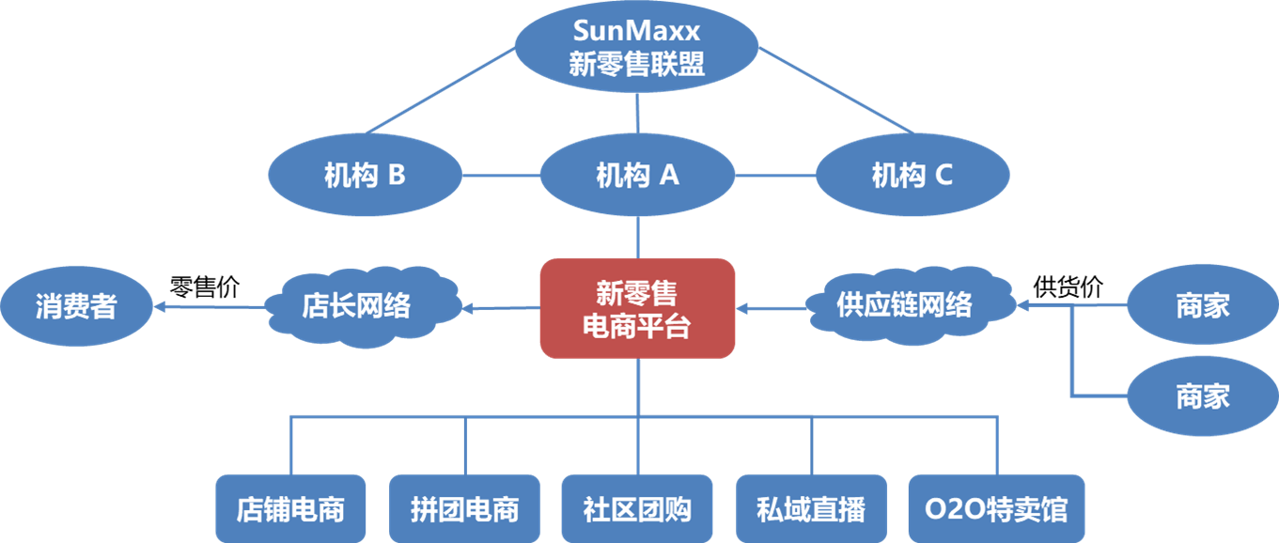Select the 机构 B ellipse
(365, 176)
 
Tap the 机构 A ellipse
(637, 176)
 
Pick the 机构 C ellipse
(912, 176)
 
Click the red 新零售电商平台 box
(637, 308)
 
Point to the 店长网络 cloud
(357, 306)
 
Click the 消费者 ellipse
(76, 306)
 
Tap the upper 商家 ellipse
(1202, 305)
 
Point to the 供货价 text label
(1068, 287)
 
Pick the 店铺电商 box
(290, 509)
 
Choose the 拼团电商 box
(464, 509)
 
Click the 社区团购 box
(637, 509)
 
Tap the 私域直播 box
(810, 509)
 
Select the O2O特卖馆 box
(996, 509)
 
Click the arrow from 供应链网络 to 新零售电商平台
(772, 307)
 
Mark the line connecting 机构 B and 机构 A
(501, 176)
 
